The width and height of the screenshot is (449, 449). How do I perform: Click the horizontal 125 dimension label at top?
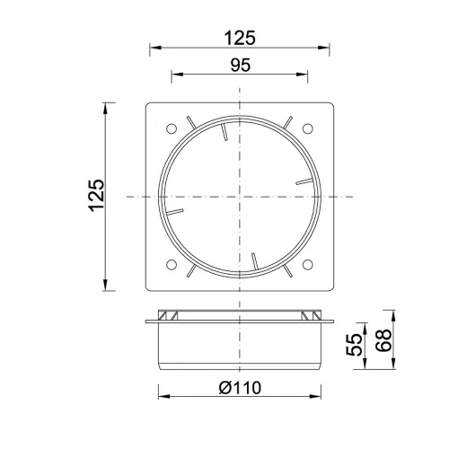pyautogui.click(x=240, y=38)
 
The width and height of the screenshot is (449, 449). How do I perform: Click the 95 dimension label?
pyautogui.click(x=241, y=65)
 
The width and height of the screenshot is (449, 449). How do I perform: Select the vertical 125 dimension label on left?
pyautogui.click(x=97, y=196)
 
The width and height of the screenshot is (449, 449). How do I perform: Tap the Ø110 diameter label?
pyautogui.click(x=240, y=388)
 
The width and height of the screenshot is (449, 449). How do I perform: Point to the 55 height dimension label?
pyautogui.click(x=355, y=345)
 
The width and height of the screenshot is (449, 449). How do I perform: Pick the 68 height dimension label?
pyautogui.click(x=383, y=340)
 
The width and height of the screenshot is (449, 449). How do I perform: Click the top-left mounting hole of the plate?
pyautogui.click(x=172, y=129)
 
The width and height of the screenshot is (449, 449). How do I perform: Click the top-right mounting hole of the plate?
pyautogui.click(x=308, y=128)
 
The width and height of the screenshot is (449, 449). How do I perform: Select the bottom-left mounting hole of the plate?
pyautogui.click(x=172, y=265)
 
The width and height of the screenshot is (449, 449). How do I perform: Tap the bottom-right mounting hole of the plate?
pyautogui.click(x=308, y=265)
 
